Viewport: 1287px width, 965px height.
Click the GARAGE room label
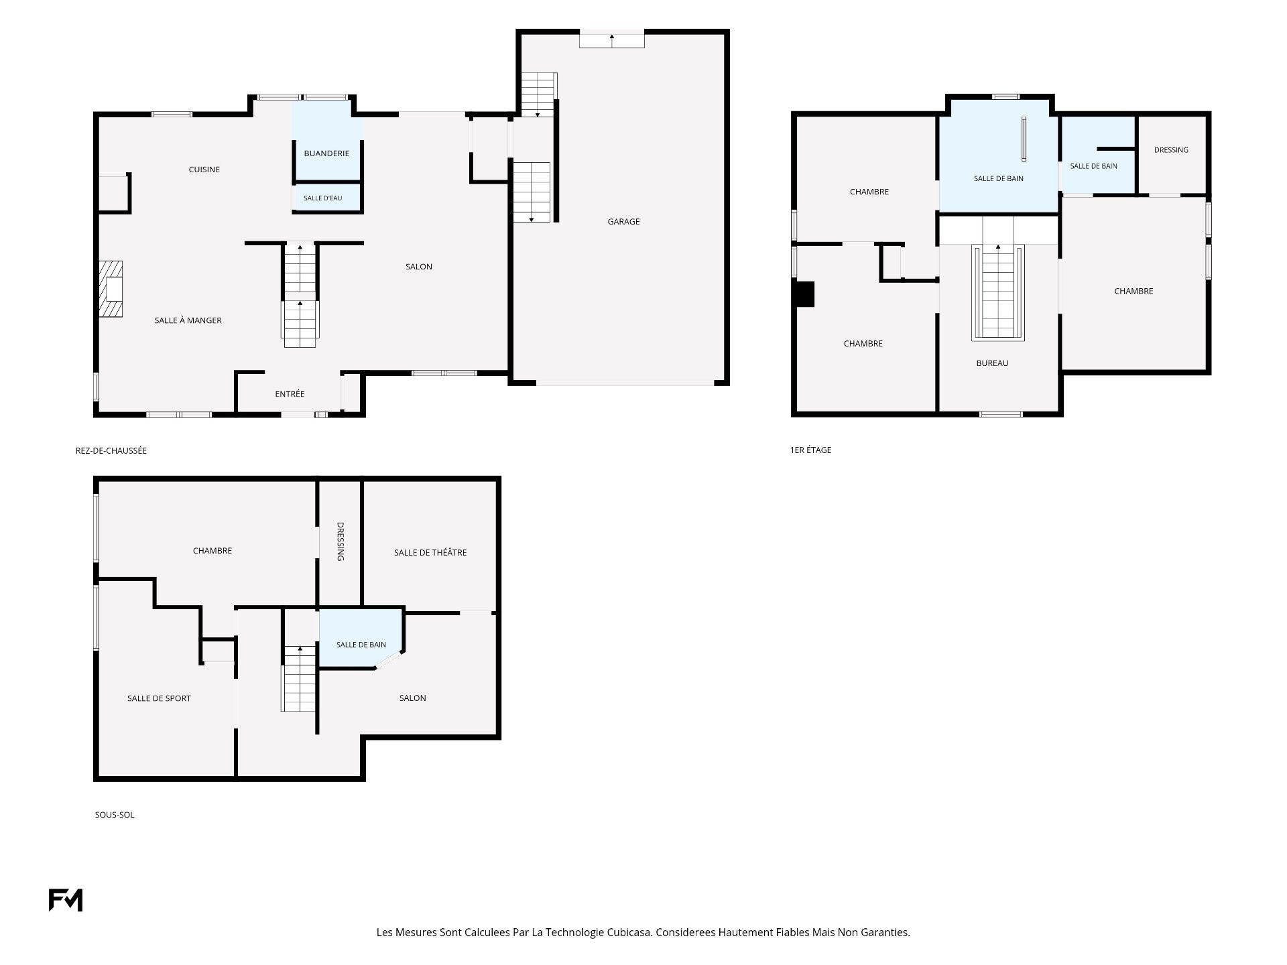tap(623, 222)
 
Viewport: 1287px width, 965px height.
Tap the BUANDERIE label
tap(326, 153)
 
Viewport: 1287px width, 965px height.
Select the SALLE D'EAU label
tap(323, 198)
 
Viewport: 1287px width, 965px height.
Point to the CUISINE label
tap(204, 170)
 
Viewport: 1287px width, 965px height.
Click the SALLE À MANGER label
tap(188, 320)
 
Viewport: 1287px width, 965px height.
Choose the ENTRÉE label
tap(290, 394)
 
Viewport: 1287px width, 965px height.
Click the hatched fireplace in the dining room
tap(111, 289)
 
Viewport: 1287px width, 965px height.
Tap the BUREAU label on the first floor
tap(992, 363)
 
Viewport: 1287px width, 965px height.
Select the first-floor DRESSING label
tap(1171, 150)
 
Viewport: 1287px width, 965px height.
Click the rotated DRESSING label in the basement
tap(340, 541)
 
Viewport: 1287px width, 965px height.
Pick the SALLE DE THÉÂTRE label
tap(430, 553)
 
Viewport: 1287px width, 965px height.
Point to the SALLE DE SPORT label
tap(159, 698)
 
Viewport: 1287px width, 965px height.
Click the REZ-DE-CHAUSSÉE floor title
tap(111, 451)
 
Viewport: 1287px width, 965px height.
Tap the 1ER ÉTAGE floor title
tap(810, 450)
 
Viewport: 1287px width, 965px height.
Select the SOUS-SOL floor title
tap(115, 815)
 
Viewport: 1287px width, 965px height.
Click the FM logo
tap(66, 900)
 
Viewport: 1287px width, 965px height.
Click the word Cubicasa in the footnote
tap(629, 932)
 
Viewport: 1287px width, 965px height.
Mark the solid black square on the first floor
tap(804, 294)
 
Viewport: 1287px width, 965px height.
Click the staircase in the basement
tap(298, 678)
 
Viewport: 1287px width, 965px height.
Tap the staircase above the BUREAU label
tap(998, 292)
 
